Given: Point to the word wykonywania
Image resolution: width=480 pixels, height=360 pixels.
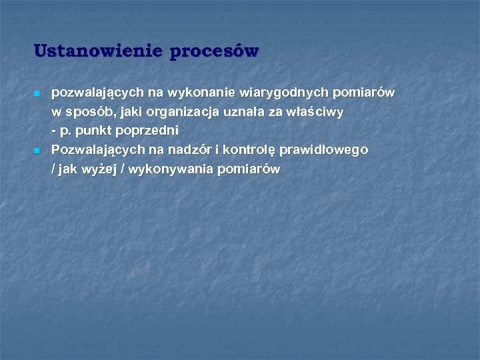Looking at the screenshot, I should pos(165,169).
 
